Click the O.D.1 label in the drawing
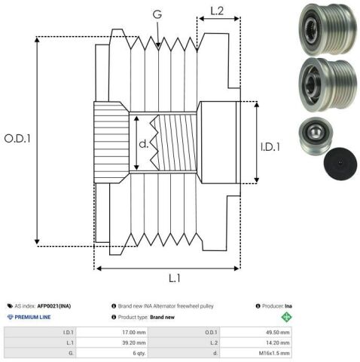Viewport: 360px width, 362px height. (x=17, y=140)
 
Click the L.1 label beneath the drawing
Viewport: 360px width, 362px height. (x=174, y=278)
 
